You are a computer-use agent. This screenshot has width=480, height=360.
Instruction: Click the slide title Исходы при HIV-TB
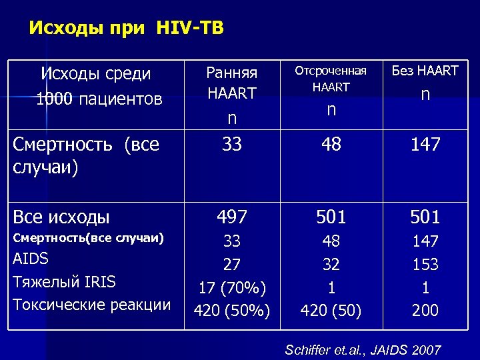[127, 29]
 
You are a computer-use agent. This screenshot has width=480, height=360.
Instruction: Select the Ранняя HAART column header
[231, 83]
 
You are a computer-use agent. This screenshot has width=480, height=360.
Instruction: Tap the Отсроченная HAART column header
[331, 79]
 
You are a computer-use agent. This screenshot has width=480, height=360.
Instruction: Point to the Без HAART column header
[425, 71]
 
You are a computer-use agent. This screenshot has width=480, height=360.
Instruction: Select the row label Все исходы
[61, 217]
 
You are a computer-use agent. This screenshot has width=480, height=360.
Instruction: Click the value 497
[231, 217]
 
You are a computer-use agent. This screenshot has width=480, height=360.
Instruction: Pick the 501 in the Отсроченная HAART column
[331, 217]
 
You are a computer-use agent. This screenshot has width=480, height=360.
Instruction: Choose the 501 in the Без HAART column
[425, 217]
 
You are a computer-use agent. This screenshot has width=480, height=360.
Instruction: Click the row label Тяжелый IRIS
[64, 282]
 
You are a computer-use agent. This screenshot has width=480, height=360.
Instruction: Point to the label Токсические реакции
[92, 305]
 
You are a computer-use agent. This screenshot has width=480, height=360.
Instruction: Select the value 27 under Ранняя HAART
[231, 265]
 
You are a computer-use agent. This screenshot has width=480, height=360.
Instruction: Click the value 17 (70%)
[231, 287]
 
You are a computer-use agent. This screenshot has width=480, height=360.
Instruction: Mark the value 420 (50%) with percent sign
[231, 310]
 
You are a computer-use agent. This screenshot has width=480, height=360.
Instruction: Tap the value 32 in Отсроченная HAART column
[331, 265]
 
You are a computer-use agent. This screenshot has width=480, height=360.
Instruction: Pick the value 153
[425, 265]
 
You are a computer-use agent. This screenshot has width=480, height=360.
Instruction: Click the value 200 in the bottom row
[425, 310]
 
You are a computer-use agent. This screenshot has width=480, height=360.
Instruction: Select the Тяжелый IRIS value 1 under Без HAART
[425, 287]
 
